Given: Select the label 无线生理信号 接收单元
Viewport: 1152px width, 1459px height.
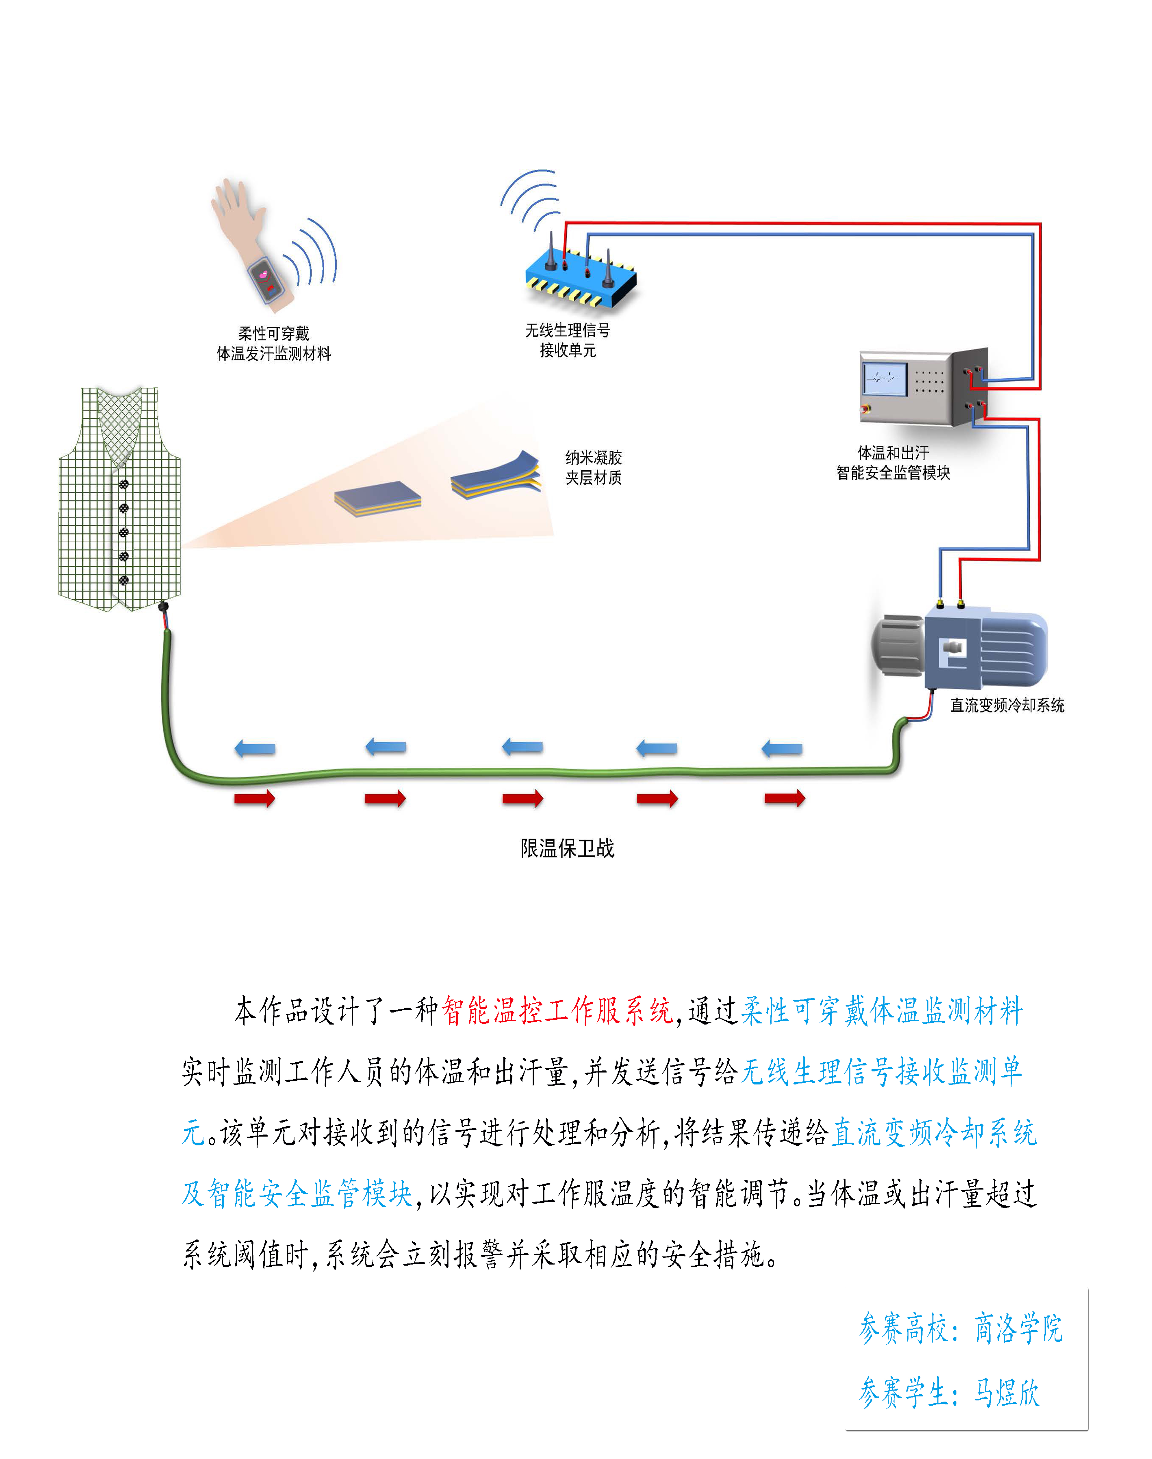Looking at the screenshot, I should point(567,340).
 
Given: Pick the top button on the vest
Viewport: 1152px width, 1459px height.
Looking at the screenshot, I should point(124,484).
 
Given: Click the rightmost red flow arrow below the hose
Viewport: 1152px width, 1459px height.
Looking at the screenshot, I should point(784,799).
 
